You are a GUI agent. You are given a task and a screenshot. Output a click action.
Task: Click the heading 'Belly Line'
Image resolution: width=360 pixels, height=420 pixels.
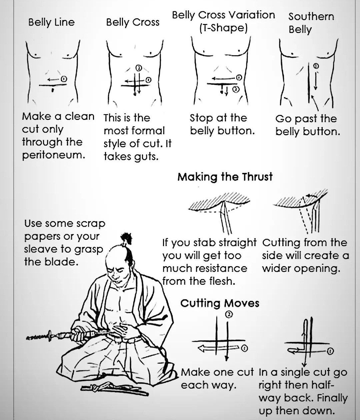[51, 22]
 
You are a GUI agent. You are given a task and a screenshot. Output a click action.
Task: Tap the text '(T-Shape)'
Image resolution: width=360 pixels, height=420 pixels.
[223, 28]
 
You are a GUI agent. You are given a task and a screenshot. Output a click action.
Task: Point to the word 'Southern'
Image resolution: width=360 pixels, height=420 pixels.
[311, 16]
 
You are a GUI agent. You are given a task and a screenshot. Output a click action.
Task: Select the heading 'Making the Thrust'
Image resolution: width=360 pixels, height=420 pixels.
[225, 177]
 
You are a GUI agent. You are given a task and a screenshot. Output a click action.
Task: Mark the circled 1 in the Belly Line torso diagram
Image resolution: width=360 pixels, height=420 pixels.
[64, 79]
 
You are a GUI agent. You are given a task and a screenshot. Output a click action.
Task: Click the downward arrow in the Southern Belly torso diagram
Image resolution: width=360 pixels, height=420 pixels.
[315, 80]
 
